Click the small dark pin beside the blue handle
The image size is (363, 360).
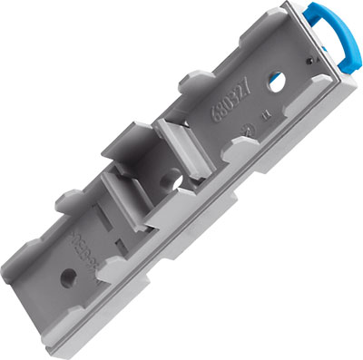coord(311,63)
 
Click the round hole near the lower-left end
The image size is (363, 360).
coord(65,273)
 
